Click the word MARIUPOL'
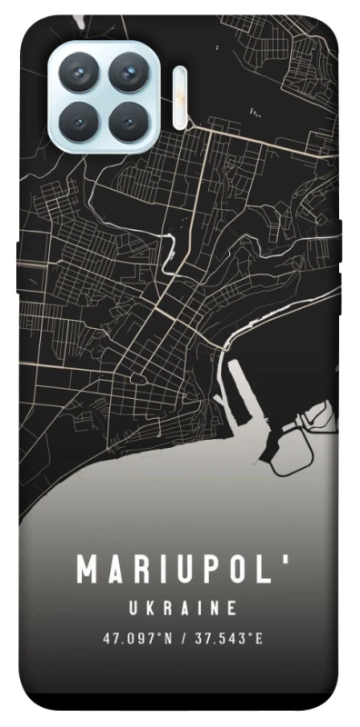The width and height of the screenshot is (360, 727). point(179,570)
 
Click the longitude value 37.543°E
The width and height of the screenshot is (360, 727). point(228,638)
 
